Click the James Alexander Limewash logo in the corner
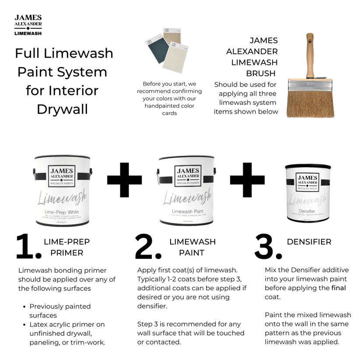pos(28,25)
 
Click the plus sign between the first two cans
pos(124,180)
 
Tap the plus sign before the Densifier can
pos(248,180)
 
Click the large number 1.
pos(28,247)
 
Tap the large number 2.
pos(148,247)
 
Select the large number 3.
pos(268,247)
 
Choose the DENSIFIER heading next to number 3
pos(309,241)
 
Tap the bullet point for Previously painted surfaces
pos(24,307)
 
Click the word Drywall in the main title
pos(62,109)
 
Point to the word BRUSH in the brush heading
pos(261,73)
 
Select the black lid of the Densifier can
pos(308,167)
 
